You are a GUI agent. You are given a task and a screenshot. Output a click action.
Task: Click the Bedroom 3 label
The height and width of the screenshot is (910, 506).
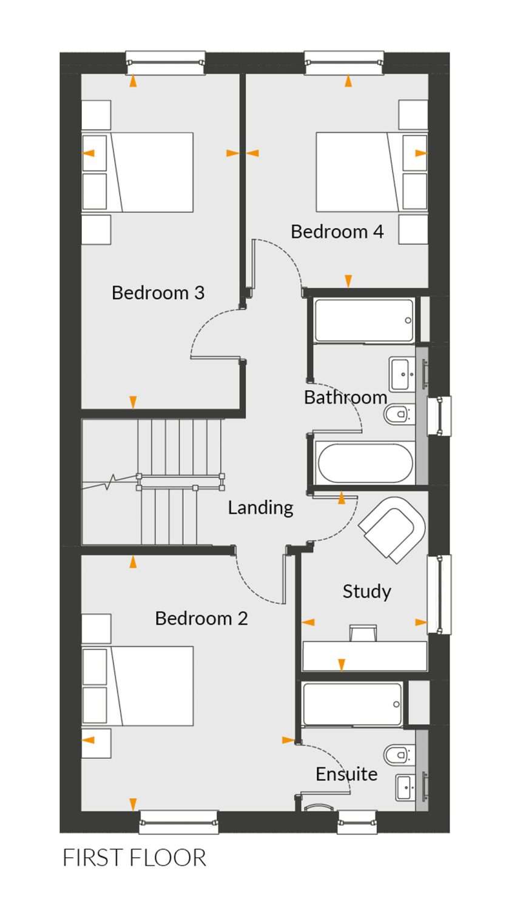(x=158, y=292)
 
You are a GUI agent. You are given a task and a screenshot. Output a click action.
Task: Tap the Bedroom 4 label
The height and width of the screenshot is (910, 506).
(x=337, y=232)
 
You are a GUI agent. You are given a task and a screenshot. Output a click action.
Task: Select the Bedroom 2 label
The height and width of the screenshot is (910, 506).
(x=201, y=618)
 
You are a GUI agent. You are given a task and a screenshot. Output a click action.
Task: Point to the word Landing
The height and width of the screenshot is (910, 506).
(x=260, y=508)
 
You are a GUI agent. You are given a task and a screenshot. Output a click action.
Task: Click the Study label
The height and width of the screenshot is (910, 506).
(x=366, y=591)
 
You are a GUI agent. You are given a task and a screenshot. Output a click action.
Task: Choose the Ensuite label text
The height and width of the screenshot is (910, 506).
(x=346, y=774)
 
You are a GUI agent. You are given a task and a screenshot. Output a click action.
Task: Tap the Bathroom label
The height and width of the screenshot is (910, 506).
(x=345, y=397)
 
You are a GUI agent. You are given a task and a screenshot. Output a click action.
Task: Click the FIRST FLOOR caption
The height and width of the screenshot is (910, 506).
(x=135, y=858)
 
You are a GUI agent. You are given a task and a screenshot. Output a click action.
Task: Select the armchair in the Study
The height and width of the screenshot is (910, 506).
(x=392, y=530)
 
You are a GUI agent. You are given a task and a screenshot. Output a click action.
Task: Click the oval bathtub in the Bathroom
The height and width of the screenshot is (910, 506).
(x=365, y=463)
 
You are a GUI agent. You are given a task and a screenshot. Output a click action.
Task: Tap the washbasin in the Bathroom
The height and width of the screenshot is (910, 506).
(x=402, y=373)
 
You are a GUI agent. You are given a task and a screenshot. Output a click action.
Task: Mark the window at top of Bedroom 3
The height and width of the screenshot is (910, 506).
(x=165, y=62)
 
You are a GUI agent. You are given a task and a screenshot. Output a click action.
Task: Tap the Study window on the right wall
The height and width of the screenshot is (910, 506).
(x=439, y=594)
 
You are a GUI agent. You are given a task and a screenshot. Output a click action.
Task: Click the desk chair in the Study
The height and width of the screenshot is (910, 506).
(x=363, y=633)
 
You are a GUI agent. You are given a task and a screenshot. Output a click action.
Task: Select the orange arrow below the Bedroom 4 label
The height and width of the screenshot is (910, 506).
(x=348, y=281)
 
